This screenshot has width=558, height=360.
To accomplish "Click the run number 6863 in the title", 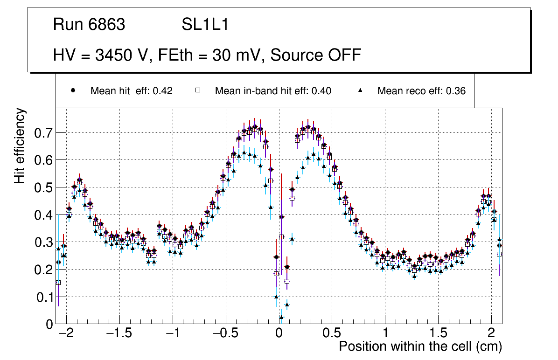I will point(108,25).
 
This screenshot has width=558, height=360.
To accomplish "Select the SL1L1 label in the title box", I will point(205,25).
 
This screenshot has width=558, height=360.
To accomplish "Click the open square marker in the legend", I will point(197,91).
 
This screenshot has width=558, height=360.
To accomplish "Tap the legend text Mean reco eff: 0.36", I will point(421,91).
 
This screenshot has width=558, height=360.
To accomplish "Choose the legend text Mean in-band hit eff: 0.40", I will point(273,91).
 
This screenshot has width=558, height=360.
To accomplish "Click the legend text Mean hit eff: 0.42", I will point(132,91).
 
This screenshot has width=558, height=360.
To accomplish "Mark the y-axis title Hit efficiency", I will point(20,145).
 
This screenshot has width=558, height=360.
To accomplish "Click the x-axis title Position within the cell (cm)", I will point(420,346).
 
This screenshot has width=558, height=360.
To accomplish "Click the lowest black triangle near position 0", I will point(281,318).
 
